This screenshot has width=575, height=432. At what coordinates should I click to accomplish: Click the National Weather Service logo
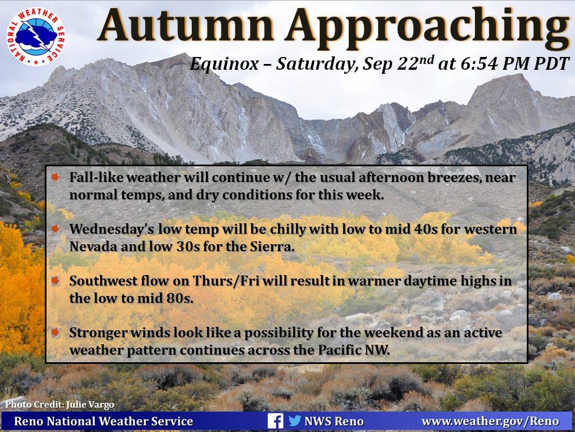pyautogui.click(x=35, y=37)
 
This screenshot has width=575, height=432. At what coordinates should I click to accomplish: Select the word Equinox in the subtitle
pyautogui.click(x=224, y=64)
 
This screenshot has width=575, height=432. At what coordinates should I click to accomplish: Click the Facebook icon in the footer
pyautogui.click(x=275, y=420)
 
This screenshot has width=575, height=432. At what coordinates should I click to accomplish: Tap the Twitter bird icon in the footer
pyautogui.click(x=294, y=420)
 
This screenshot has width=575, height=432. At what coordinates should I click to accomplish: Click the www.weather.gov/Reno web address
pyautogui.click(x=490, y=421)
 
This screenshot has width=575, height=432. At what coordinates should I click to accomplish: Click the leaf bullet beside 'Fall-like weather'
pyautogui.click(x=55, y=177)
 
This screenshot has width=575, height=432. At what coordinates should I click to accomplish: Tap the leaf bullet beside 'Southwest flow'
pyautogui.click(x=55, y=281)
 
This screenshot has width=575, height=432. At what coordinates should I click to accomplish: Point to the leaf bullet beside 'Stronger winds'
pyautogui.click(x=55, y=333)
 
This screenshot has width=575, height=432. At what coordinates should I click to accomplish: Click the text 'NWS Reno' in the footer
pyautogui.click(x=334, y=421)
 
